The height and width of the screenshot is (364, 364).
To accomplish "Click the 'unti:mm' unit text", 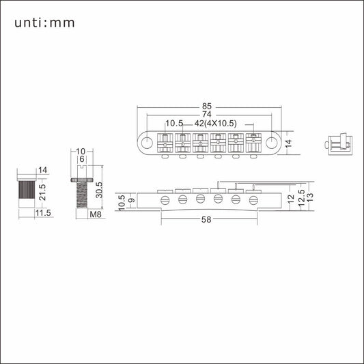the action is [x=44, y=23].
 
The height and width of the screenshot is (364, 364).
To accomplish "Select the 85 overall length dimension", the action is [x=207, y=107].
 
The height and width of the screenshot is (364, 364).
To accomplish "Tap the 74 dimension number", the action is [x=207, y=114].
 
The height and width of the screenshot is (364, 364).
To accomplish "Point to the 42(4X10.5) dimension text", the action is [x=215, y=123].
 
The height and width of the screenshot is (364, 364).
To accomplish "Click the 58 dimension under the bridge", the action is [x=206, y=219].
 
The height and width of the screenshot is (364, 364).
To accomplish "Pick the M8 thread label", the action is [x=96, y=214].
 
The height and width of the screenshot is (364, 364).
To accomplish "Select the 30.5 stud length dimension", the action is [x=99, y=190].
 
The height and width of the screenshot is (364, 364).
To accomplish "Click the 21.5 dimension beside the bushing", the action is [x=42, y=192].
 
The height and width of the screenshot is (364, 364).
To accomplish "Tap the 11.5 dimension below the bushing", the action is [x=43, y=213].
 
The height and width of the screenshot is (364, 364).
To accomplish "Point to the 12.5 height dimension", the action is [x=301, y=198].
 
